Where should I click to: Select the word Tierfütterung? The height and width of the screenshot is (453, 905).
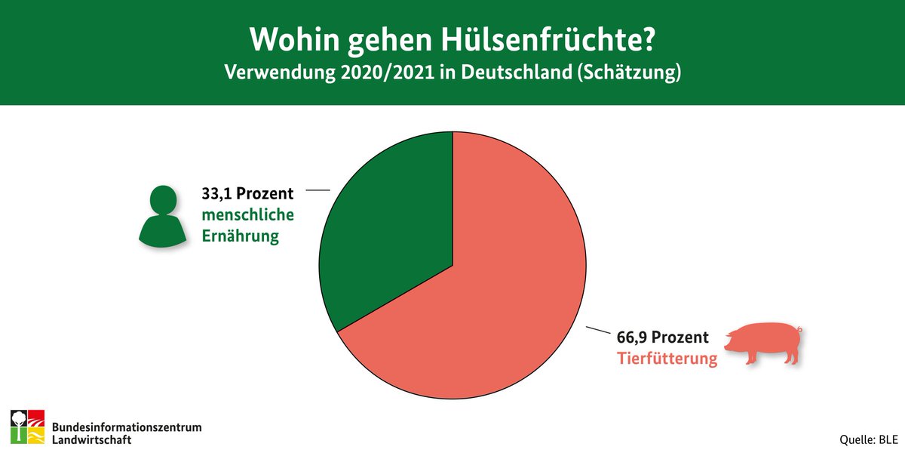point(667,359)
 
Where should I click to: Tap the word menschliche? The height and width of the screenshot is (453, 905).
point(247,215)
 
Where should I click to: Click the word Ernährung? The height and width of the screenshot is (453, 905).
point(240,236)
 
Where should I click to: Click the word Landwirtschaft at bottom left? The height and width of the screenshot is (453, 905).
point(92,438)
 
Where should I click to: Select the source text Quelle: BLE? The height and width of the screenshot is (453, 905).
point(867,439)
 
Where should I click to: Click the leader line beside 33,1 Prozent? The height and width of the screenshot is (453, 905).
point(318,190)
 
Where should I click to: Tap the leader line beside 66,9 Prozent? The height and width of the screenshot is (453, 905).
point(597,330)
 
